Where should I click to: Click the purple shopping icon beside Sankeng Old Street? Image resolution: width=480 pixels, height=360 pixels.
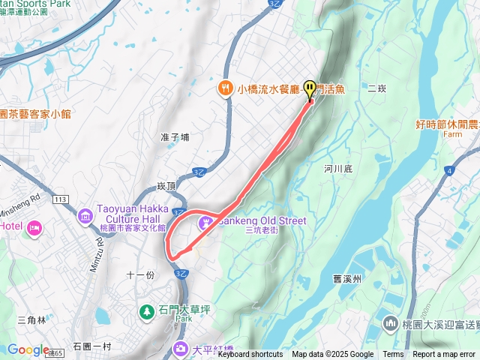coord(205,223)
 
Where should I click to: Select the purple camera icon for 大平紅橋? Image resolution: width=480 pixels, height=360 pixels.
coord(181,348)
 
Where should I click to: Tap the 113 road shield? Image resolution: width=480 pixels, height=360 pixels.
coord(61,199)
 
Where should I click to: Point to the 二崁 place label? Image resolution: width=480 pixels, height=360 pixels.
coord(376,88)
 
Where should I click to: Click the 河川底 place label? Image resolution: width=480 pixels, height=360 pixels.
coord(338,169)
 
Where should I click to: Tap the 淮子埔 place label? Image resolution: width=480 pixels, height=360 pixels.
coord(175,136)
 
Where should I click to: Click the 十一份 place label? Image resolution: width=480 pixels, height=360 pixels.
coord(141,275)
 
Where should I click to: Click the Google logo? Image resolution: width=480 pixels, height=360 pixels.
coord(28,349)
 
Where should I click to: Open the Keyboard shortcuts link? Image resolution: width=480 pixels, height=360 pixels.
coord(250,355)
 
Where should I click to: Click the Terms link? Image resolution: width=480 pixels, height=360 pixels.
coord(393,355)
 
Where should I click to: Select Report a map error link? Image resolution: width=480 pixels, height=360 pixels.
coord(445,355)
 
